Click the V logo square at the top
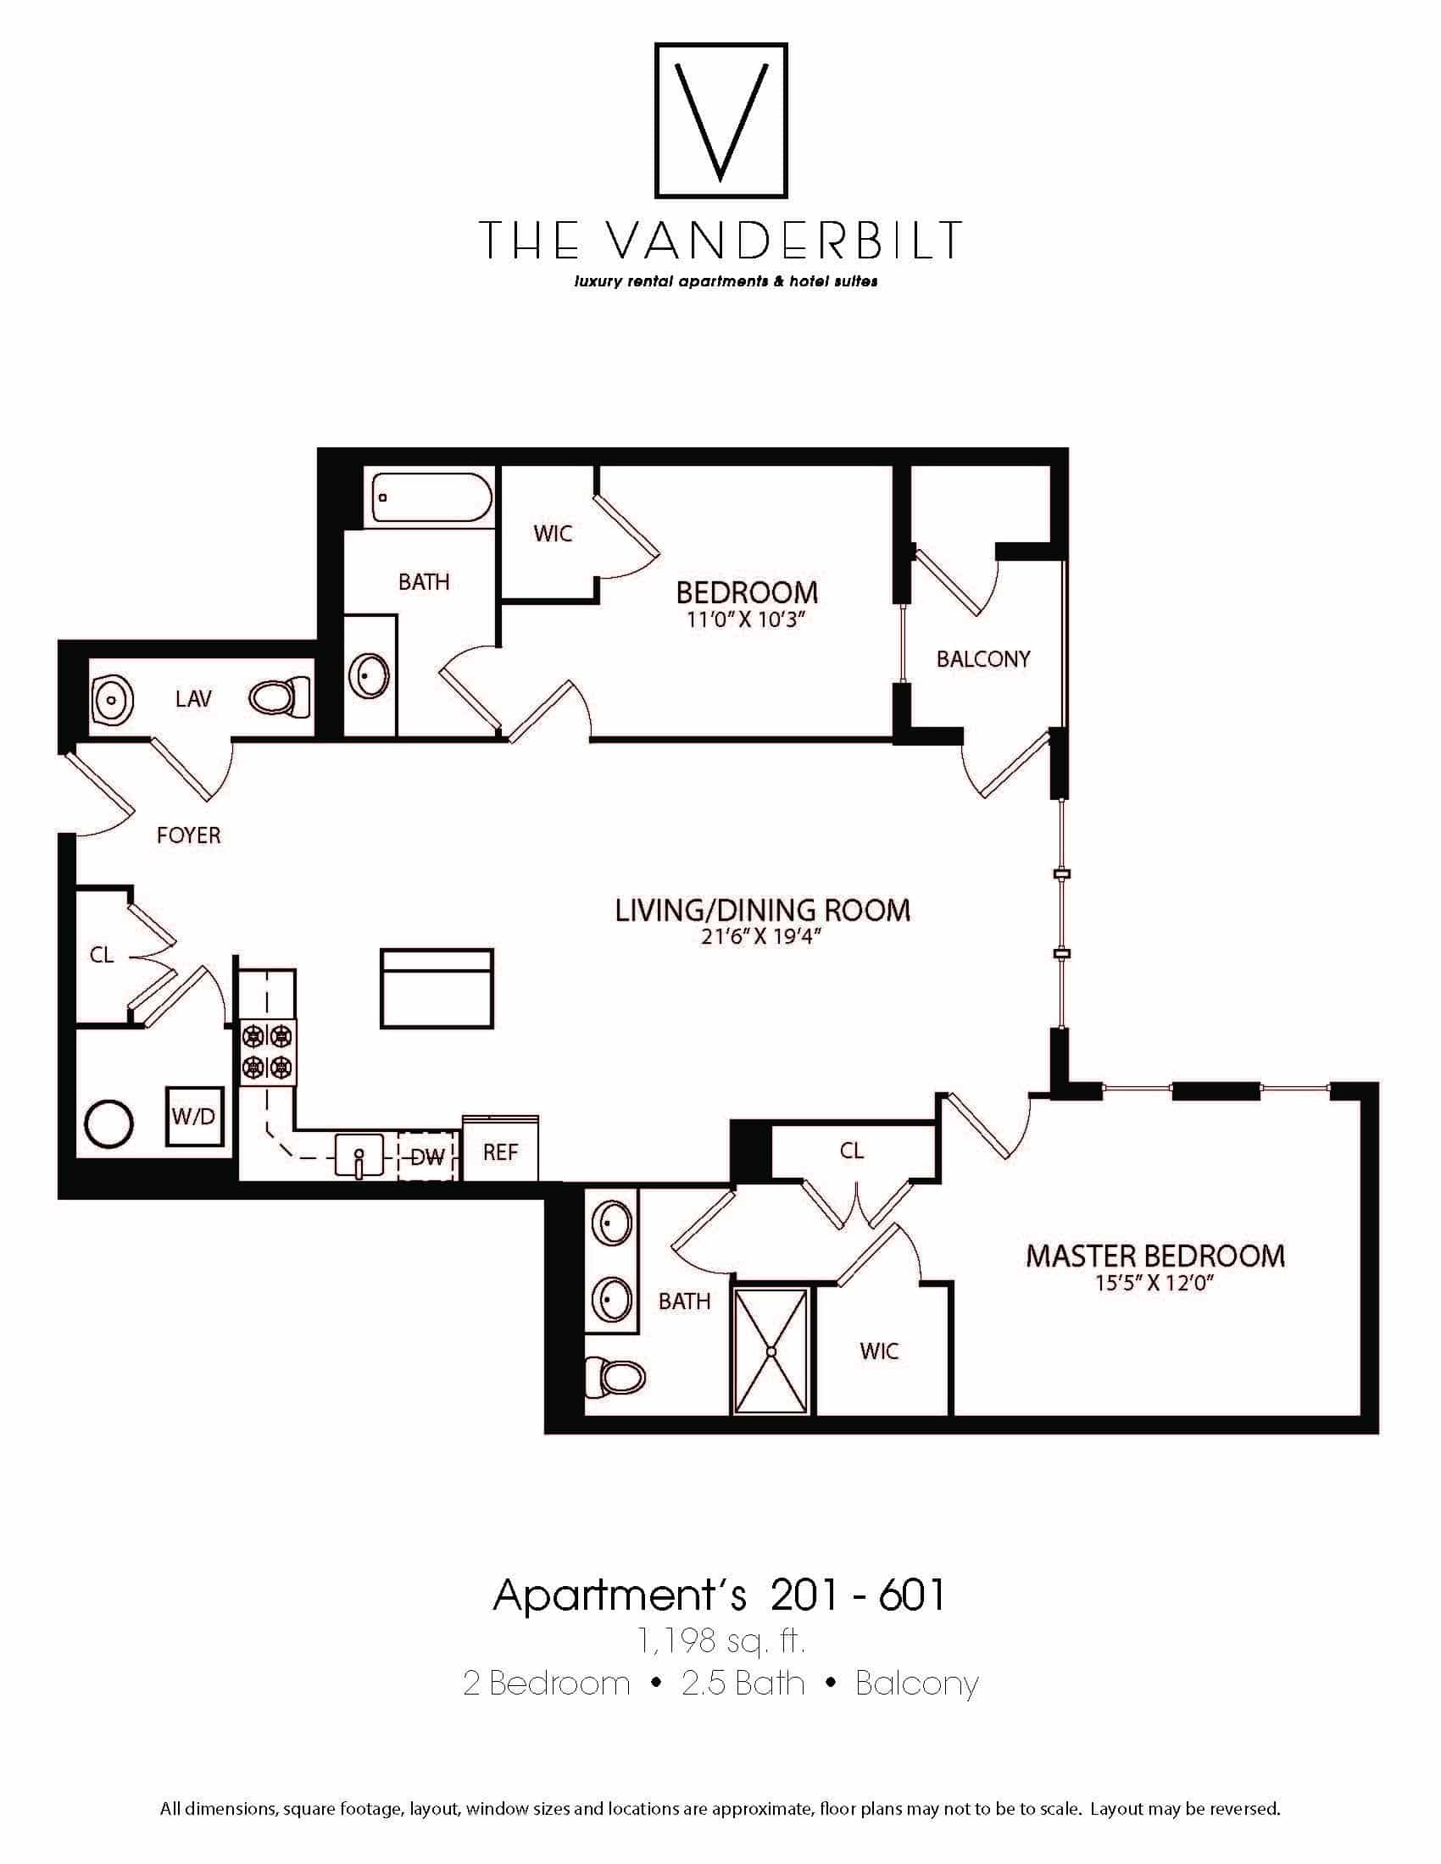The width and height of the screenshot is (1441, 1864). (x=720, y=120)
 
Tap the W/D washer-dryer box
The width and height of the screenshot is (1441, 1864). (x=194, y=1116)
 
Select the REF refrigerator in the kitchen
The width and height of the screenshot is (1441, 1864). (x=500, y=1151)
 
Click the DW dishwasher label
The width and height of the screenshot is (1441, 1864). (x=428, y=1157)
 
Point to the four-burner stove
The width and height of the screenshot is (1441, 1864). (x=267, y=1052)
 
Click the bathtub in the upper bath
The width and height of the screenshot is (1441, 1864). (x=432, y=497)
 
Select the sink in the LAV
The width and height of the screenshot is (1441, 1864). (x=111, y=699)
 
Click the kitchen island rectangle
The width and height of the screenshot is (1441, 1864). (x=437, y=988)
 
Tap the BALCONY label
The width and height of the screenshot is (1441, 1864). (x=983, y=659)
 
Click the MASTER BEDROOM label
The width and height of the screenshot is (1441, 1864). (x=1154, y=1256)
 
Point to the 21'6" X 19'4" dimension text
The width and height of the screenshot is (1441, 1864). (x=761, y=937)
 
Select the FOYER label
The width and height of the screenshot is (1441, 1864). (x=189, y=835)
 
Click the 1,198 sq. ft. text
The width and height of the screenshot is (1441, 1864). (x=720, y=1639)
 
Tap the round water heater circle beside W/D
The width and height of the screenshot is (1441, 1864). (x=108, y=1123)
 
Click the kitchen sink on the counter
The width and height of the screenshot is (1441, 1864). (x=359, y=1157)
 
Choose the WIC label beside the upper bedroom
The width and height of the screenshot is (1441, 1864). (x=553, y=534)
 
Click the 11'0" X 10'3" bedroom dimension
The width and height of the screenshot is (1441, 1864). (x=746, y=619)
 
